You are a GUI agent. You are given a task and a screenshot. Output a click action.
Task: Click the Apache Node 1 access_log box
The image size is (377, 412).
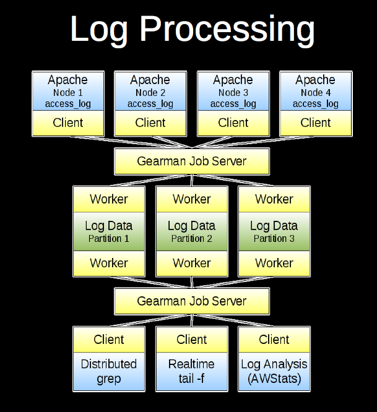(68, 92)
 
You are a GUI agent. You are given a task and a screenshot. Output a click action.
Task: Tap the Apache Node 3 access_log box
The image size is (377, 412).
(233, 92)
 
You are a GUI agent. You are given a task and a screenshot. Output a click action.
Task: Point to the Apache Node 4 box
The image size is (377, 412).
(316, 92)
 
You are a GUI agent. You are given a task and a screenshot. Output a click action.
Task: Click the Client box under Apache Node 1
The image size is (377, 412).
(68, 122)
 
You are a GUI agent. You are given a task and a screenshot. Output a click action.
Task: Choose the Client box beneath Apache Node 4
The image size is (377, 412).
(316, 122)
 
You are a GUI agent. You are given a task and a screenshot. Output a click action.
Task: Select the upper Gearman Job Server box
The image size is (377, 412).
(192, 161)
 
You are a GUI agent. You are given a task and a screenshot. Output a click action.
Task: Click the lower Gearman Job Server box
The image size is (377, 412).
(192, 301)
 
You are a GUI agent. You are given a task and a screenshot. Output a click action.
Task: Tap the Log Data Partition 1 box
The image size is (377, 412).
(109, 231)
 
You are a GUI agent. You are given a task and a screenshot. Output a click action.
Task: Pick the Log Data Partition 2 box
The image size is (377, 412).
(192, 231)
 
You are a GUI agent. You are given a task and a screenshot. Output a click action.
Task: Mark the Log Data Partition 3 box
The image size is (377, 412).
(274, 231)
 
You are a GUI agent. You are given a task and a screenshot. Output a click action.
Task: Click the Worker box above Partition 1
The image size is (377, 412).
(109, 199)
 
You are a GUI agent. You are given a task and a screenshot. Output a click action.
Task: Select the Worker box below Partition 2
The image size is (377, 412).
(192, 263)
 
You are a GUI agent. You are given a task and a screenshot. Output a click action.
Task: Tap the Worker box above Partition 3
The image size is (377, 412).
(274, 199)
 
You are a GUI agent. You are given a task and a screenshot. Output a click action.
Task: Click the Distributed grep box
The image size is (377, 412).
(109, 371)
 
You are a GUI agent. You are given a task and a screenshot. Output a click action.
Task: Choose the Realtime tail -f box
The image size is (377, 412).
(192, 371)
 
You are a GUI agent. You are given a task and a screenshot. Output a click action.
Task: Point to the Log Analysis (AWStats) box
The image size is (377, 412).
(274, 371)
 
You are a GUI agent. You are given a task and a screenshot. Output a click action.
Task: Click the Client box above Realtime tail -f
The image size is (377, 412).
(192, 339)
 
